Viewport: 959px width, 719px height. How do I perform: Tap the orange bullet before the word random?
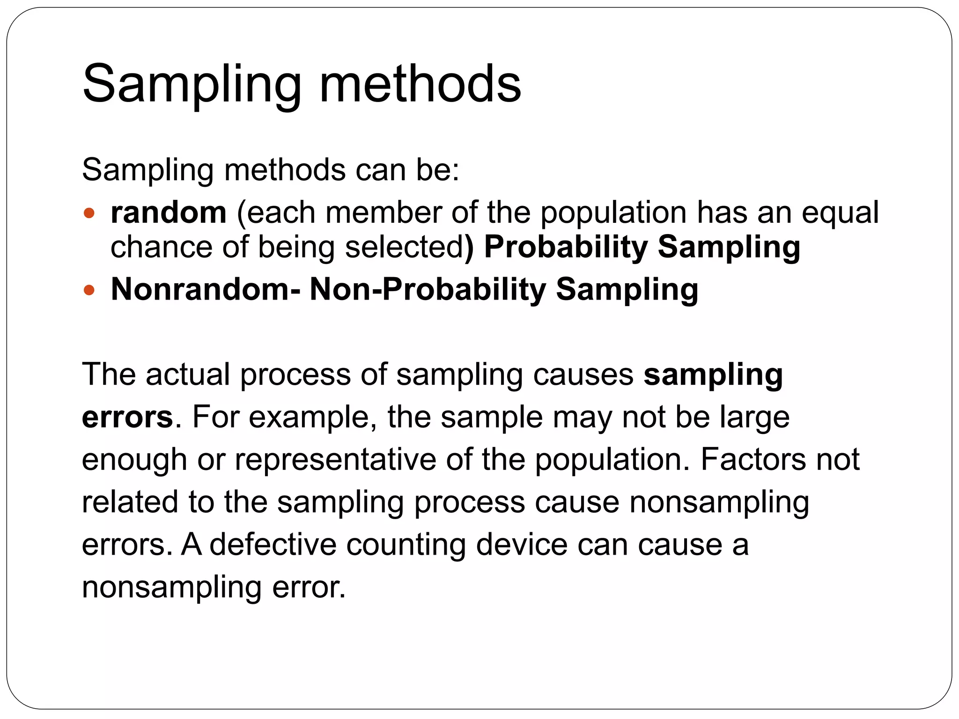point(89,214)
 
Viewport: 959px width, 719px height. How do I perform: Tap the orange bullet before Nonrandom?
point(89,290)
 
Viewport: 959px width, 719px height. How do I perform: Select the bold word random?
point(169,213)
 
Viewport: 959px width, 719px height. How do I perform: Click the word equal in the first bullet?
point(840,213)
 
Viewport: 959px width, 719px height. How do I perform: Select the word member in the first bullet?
point(383,213)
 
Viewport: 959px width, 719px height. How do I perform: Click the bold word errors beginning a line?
point(127,417)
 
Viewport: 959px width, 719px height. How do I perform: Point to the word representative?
point(335,459)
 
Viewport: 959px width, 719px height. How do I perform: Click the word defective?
point(273,544)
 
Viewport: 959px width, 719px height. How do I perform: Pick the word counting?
point(406,544)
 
